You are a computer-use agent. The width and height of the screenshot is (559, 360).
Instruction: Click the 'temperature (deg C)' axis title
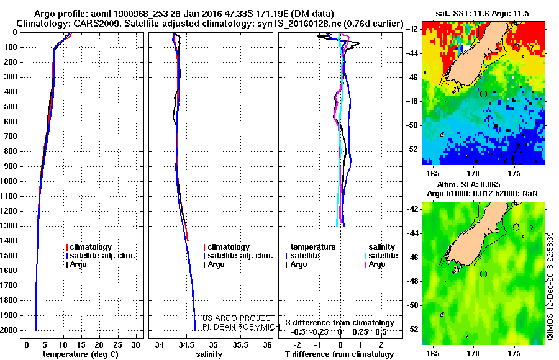click(x=81, y=354)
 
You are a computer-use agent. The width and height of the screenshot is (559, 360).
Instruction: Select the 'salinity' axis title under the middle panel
click(x=209, y=354)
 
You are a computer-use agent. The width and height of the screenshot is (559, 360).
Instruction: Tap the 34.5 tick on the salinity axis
click(x=186, y=345)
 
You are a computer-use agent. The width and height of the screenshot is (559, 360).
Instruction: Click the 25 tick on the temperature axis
click(x=117, y=345)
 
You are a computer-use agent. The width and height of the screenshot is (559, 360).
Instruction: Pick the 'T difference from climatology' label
click(x=339, y=354)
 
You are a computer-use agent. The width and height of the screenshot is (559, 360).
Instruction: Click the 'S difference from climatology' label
click(x=340, y=323)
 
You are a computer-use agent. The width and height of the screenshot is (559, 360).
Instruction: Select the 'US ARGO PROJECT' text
click(x=237, y=318)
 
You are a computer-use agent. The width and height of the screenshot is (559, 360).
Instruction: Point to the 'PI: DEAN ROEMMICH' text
click(x=242, y=327)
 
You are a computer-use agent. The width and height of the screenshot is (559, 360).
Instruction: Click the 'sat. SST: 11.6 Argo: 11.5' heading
click(x=483, y=14)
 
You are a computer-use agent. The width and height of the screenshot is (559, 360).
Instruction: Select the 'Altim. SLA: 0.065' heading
click(x=468, y=185)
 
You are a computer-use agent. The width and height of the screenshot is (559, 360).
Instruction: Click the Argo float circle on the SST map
click(x=483, y=94)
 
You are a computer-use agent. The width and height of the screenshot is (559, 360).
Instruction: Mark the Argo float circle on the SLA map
click(x=483, y=274)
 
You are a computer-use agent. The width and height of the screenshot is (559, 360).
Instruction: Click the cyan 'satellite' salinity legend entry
click(x=381, y=256)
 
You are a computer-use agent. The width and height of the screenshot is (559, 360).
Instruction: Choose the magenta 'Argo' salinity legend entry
click(x=375, y=264)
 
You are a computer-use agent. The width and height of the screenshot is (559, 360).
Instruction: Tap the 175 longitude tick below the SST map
click(x=514, y=174)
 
